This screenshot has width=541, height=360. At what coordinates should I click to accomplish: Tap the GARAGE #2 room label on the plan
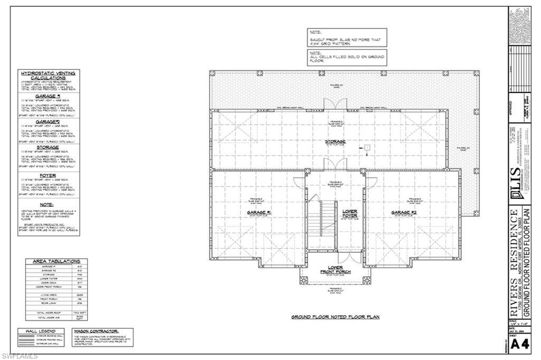(404, 213)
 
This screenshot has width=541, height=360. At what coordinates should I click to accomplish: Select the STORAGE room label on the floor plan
(335, 142)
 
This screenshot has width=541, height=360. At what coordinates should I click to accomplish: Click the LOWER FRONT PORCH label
(335, 270)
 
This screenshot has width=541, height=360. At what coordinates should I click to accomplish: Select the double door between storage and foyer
(335, 165)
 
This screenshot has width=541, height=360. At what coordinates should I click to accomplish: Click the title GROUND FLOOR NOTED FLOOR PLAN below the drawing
(335, 317)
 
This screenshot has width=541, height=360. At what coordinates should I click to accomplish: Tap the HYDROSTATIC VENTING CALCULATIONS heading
(48, 75)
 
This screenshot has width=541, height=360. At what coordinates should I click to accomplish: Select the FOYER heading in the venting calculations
(48, 175)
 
